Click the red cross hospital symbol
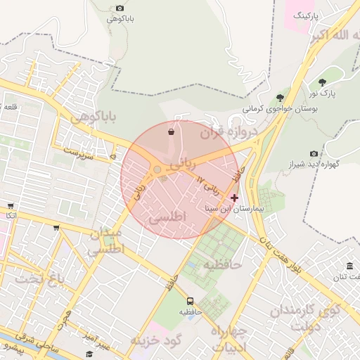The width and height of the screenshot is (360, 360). tap(234, 198)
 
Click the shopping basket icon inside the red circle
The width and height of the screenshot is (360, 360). tap(171, 131)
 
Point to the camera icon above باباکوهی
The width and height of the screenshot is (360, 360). tap(120, 8)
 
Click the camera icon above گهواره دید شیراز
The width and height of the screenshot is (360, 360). tap(314, 154)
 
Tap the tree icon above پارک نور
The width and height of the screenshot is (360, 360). tap(322, 82)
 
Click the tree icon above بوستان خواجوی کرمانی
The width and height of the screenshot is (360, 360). tap(280, 98)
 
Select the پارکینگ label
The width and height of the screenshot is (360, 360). tap(307, 14)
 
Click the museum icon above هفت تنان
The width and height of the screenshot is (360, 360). tap(349, 265)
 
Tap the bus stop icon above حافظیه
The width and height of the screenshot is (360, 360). tap(190, 301)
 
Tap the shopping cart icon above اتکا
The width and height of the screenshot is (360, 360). tap(11, 206)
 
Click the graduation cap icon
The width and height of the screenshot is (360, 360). tap(89, 353)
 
